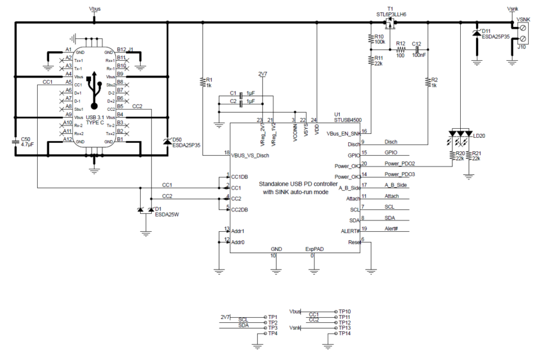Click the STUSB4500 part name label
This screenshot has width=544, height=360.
point(347,119)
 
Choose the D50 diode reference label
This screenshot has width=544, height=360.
point(177,139)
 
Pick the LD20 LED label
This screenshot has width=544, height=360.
point(479,136)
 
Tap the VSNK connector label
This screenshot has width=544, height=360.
point(523,20)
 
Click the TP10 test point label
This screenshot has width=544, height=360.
point(344,311)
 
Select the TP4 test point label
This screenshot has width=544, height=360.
point(273,334)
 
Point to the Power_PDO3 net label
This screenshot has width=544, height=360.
point(399,174)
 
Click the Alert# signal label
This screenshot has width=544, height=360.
point(392,229)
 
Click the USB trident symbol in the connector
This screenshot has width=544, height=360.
point(94,90)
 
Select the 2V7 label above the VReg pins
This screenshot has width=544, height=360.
point(263,73)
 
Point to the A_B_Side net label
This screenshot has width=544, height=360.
point(395,185)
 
